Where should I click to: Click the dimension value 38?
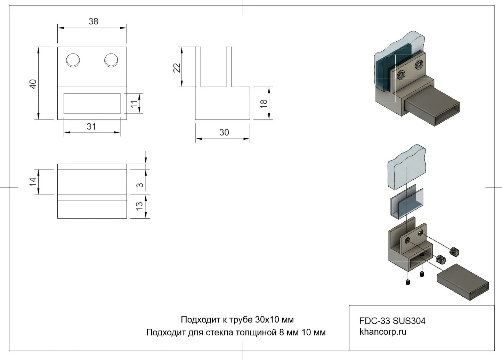[93, 22]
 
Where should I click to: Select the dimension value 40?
[33, 84]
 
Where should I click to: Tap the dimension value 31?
[91, 126]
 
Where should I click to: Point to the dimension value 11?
[134, 104]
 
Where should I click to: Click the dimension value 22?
[177, 67]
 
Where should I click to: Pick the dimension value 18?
[264, 103]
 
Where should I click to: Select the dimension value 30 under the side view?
[224, 132]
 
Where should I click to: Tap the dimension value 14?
[33, 181]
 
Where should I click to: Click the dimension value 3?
[140, 185]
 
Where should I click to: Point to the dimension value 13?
[139, 206]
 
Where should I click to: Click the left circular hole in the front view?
[73, 60]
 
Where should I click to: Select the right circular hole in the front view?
[111, 60]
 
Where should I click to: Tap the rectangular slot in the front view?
[92, 103]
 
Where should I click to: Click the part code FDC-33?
[375, 321]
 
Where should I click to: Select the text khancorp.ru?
[383, 332]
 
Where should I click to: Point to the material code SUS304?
[409, 321]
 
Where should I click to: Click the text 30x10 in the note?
[267, 319]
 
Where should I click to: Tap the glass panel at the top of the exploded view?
[406, 168]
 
